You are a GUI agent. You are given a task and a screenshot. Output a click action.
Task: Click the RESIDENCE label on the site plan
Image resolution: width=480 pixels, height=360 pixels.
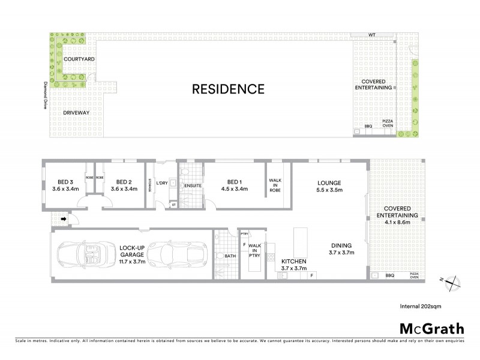click(227, 89)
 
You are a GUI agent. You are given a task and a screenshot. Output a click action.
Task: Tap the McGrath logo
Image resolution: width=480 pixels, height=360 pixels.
click(431, 328)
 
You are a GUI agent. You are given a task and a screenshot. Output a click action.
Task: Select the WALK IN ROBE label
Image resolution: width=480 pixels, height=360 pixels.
click(275, 186)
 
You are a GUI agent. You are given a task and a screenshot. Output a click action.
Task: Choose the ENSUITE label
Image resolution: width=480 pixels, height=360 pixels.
click(193, 186)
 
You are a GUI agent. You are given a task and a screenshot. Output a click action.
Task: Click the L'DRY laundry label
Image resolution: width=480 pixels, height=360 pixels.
click(161, 183)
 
